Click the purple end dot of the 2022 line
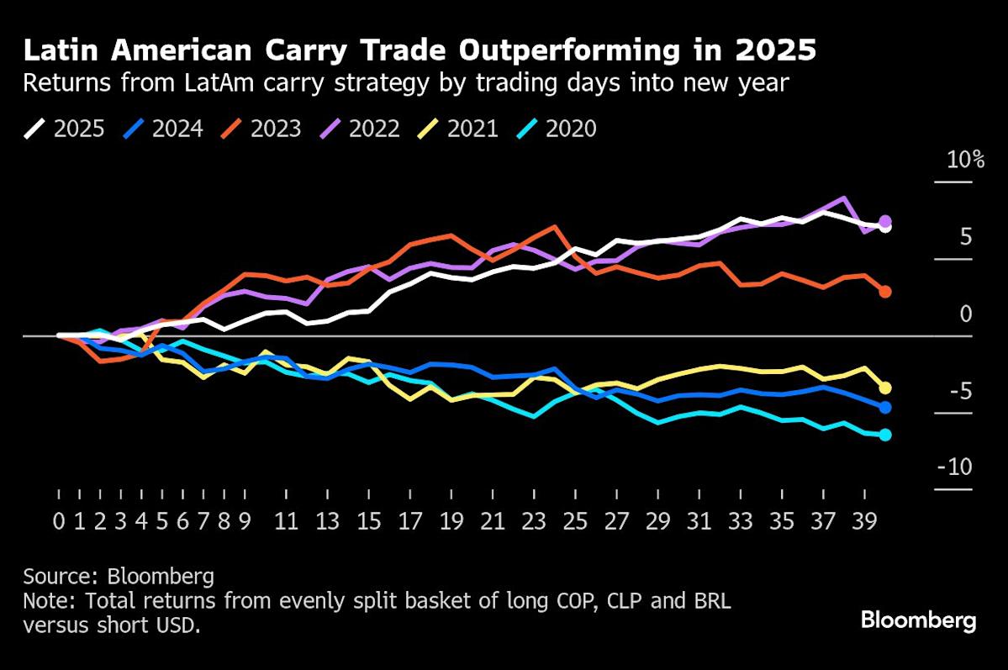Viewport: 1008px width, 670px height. tap(885, 221)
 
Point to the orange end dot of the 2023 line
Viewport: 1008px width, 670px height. tap(885, 292)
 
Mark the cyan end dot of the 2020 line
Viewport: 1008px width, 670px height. tap(885, 435)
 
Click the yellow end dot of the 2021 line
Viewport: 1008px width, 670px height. tap(885, 388)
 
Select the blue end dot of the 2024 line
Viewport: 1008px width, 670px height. tap(885, 407)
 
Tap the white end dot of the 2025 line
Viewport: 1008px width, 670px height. tap(885, 227)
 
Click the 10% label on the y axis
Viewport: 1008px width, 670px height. tap(965, 160)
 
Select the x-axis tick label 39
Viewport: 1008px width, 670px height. tap(864, 521)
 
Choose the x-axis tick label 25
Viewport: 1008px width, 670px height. tap(575, 521)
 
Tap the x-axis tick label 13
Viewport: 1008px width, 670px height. tap(328, 521)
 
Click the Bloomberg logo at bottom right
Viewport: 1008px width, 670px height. tap(918, 621)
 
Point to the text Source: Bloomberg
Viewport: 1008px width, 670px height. tap(119, 577)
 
